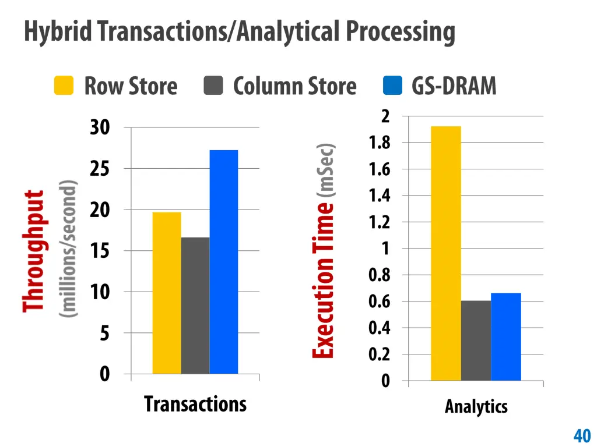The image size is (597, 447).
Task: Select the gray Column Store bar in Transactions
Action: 195,306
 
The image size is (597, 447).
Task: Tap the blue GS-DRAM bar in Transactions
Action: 224,262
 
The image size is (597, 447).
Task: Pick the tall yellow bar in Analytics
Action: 446,253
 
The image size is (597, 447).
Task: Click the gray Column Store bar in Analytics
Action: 476,340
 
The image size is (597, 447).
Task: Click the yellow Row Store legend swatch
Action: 64,86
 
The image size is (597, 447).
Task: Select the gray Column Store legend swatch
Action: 213,86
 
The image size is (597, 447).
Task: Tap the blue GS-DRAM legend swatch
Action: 393,86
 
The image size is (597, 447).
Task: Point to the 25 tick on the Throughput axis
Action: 100,169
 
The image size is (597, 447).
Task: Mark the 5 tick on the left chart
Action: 104,333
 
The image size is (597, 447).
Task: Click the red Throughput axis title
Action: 34,250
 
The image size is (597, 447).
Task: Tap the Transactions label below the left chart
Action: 195,403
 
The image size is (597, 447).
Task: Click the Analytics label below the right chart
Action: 476,406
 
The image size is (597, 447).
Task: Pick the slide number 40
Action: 582,435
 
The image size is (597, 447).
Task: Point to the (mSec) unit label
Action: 325,170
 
